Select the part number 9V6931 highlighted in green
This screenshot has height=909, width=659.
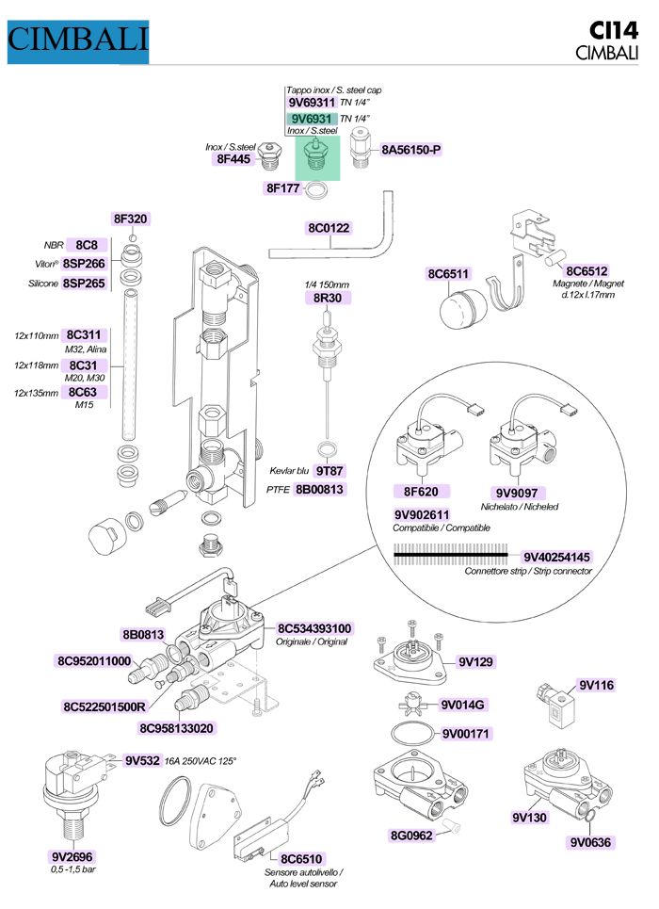coord(312,119)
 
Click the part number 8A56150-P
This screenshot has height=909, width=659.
coord(411,150)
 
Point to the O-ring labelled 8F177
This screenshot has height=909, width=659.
coord(320,192)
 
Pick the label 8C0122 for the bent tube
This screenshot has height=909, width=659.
coord(329,228)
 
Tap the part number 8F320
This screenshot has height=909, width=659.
coord(131,219)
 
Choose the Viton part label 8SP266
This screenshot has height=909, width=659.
coord(84,264)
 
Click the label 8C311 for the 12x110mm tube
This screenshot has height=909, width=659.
coord(85,334)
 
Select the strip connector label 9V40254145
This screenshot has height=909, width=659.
coord(556,556)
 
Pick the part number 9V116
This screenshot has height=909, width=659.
coord(596,685)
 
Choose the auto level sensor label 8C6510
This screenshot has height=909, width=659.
coord(301,858)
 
